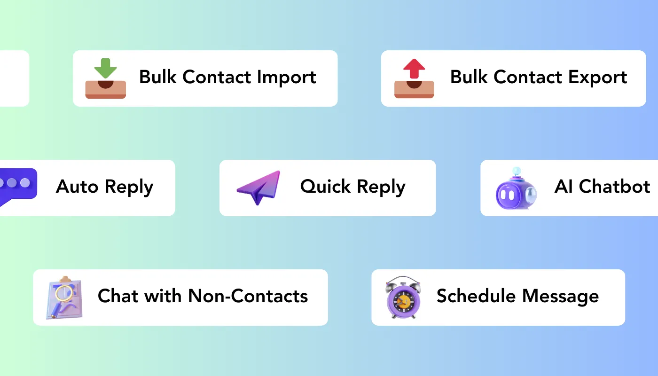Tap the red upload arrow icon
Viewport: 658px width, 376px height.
pyautogui.click(x=414, y=69)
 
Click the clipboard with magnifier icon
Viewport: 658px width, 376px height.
pyautogui.click(x=65, y=299)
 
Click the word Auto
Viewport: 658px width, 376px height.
pyautogui.click(x=77, y=187)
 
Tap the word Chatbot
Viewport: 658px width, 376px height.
pyautogui.click(x=615, y=187)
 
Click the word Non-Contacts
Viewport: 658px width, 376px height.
pyautogui.click(x=248, y=296)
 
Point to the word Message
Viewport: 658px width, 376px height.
pyautogui.click(x=561, y=296)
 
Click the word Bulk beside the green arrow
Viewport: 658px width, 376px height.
pyautogui.click(x=158, y=78)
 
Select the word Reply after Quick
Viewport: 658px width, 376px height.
pyautogui.click(x=381, y=188)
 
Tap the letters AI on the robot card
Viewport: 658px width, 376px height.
pyautogui.click(x=564, y=187)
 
